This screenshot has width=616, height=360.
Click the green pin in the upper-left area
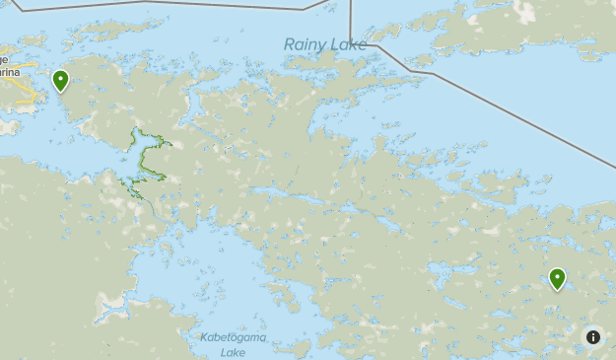(x=61, y=80)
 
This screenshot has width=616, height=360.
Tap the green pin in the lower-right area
(x=558, y=278)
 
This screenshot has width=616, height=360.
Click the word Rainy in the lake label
(x=303, y=44)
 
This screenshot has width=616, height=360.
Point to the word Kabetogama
(x=234, y=337)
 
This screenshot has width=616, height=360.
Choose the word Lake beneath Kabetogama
(x=234, y=351)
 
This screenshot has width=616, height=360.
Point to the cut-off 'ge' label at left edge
(x=4, y=59)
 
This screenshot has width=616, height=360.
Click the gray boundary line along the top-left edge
(x=148, y=3)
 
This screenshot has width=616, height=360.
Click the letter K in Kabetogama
(x=204, y=337)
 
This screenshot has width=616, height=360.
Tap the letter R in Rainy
(x=289, y=44)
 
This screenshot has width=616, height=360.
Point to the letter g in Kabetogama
(x=239, y=338)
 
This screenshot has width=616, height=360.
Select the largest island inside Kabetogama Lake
(x=286, y=295)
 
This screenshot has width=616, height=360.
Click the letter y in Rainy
(x=318, y=46)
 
